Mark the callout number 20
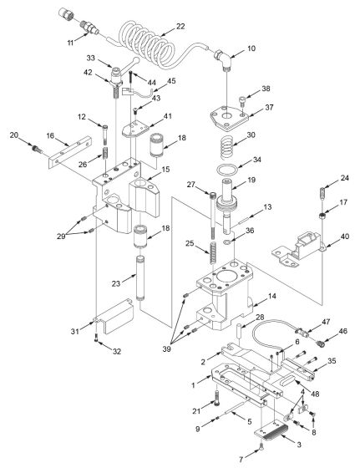13,135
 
